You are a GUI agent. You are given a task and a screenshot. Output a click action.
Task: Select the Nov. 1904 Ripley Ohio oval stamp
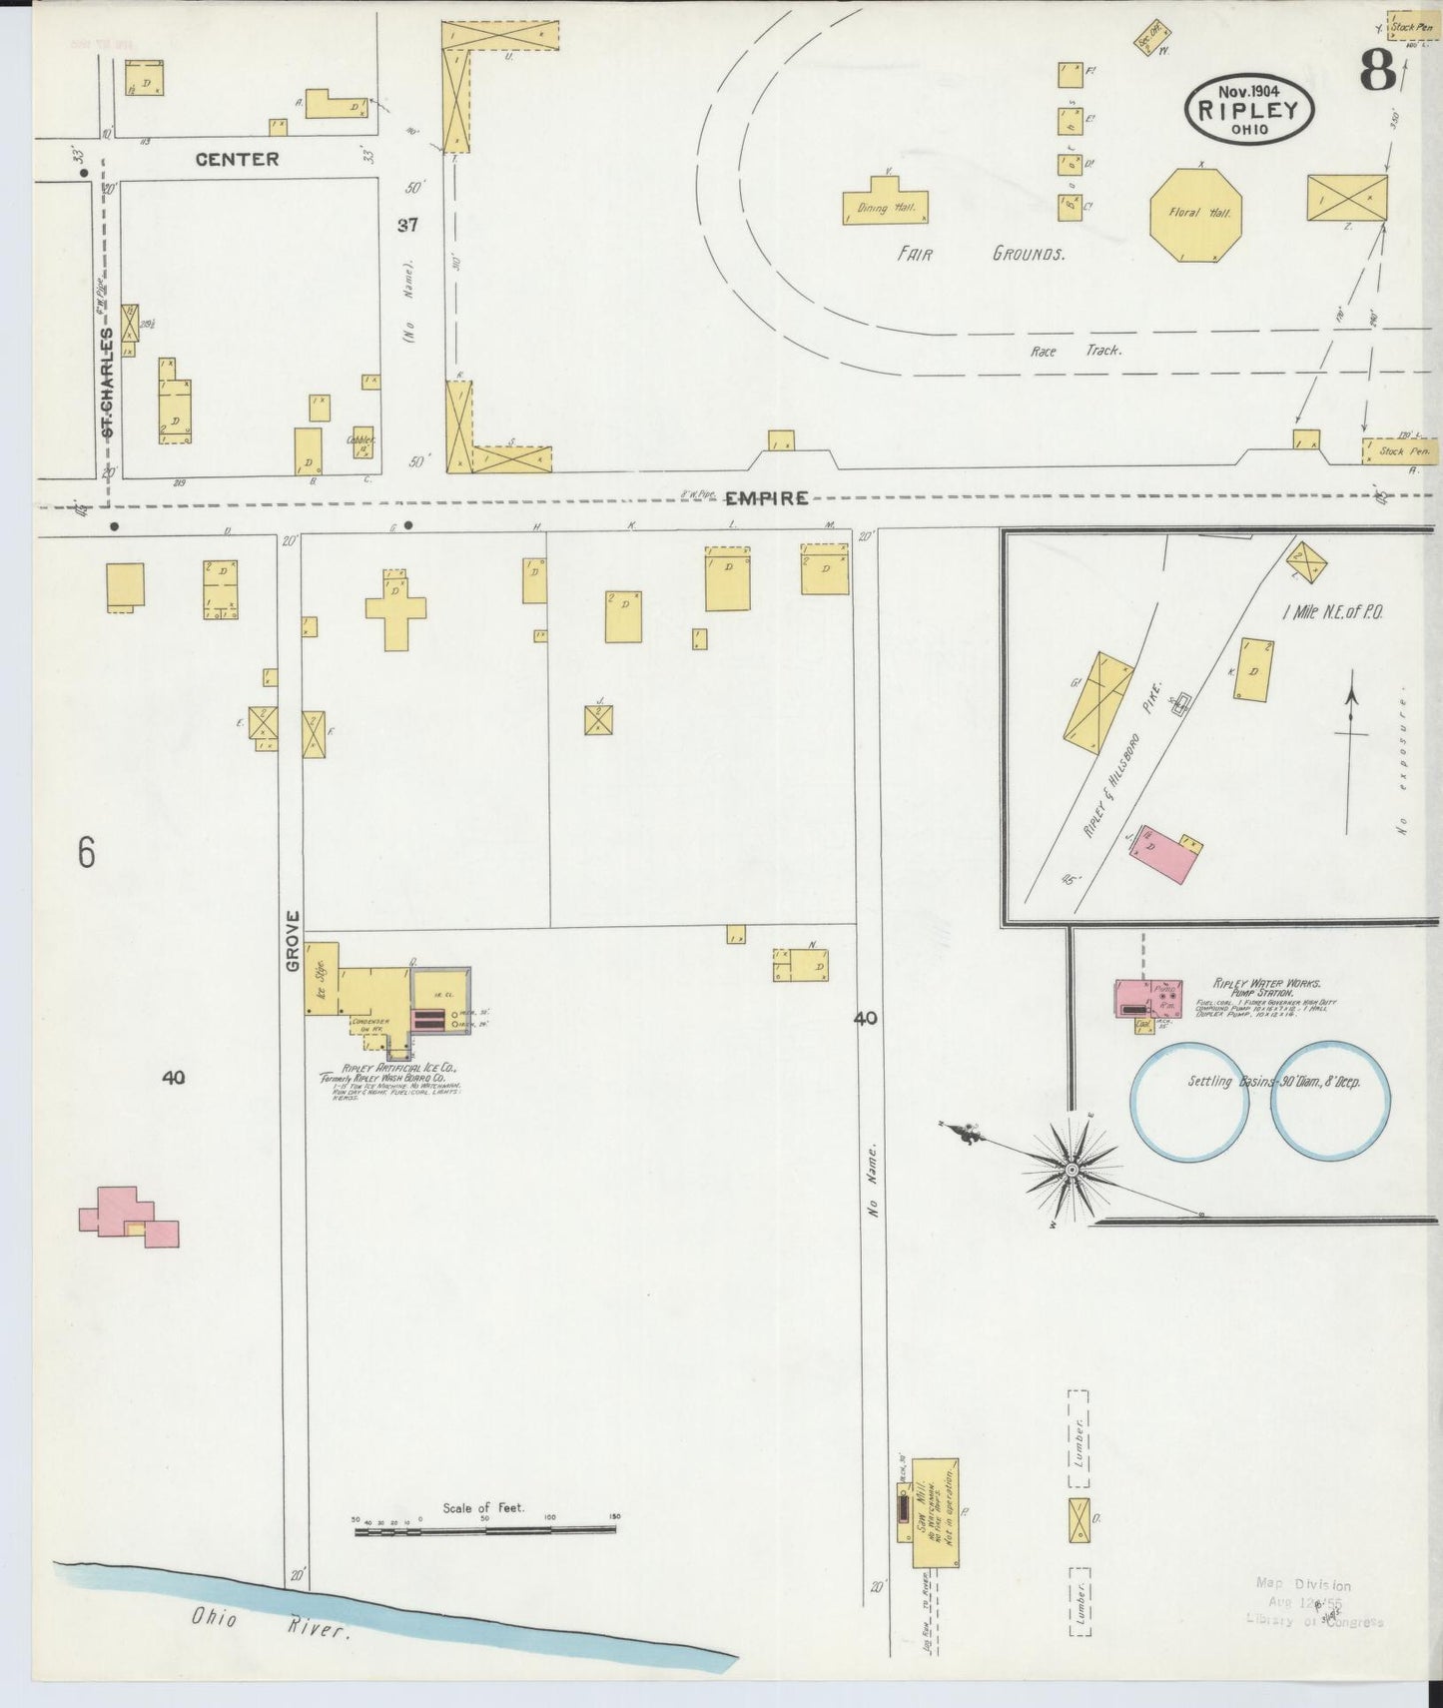[1249, 110]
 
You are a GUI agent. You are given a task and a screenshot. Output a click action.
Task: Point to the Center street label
[237, 159]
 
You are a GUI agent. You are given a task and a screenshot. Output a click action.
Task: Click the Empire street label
[766, 497]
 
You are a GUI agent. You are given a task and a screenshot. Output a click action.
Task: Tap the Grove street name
[293, 941]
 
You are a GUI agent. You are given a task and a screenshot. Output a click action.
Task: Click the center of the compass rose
[1071, 1169]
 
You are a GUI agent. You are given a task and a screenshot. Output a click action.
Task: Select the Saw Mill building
[935, 1512]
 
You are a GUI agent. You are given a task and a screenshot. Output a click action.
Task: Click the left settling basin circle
[1190, 1103]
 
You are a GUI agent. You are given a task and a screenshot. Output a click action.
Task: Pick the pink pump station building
[1148, 1000]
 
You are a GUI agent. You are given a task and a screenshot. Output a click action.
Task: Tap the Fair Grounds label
[980, 254]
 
